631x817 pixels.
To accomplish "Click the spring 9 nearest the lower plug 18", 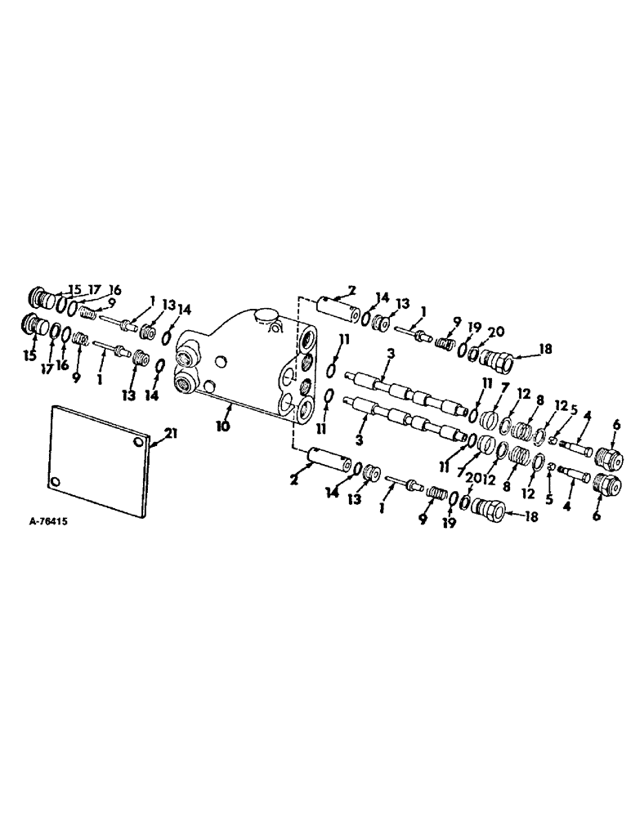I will [x=434, y=493].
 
